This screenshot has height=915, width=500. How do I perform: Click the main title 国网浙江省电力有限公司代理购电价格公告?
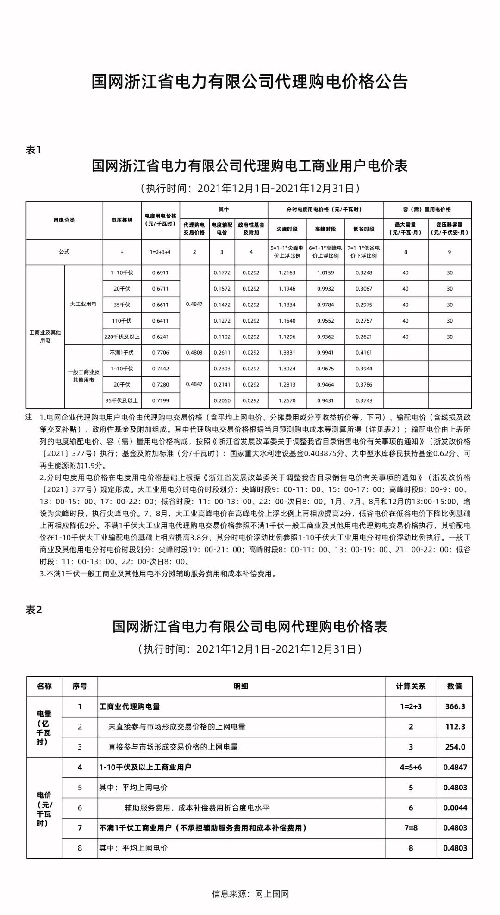pyautogui.click(x=250, y=82)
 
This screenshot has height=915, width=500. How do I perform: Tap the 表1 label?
pyautogui.click(x=34, y=150)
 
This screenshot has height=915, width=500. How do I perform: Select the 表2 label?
pyautogui.click(x=34, y=610)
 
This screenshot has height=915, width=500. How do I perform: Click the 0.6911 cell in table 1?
pyautogui.click(x=160, y=273)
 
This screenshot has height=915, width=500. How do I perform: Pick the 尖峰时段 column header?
pyautogui.click(x=287, y=229)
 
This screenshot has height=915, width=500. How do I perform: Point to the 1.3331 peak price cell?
pyautogui.click(x=287, y=353)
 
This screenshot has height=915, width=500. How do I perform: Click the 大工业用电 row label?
pyautogui.click(x=83, y=305)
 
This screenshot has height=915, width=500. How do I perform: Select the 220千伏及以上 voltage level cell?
pyautogui.click(x=122, y=337)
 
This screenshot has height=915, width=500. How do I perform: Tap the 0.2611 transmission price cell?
pyautogui.click(x=222, y=353)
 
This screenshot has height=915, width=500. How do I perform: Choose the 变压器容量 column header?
pyautogui.click(x=449, y=229)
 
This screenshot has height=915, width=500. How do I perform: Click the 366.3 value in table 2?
pyautogui.click(x=455, y=706)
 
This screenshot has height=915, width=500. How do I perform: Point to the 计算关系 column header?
pyautogui.click(x=411, y=686)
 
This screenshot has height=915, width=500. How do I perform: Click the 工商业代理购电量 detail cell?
pyautogui.click(x=130, y=706)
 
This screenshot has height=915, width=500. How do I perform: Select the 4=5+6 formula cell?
pyautogui.click(x=411, y=767)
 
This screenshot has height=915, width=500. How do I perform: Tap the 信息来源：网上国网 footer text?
pyautogui.click(x=250, y=894)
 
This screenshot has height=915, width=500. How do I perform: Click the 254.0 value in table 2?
pyautogui.click(x=455, y=747)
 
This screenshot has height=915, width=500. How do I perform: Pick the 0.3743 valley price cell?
pyautogui.click(x=363, y=400)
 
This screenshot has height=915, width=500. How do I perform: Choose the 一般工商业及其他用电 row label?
pyautogui.click(x=83, y=376)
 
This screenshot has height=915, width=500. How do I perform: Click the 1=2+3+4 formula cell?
pyautogui.click(x=160, y=252)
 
